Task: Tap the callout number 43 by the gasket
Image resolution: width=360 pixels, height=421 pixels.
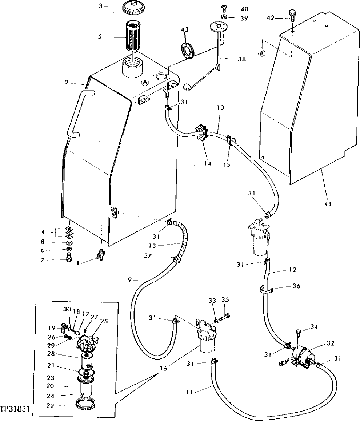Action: (x=185, y=29)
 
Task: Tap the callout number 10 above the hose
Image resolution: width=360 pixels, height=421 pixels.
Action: (x=221, y=108)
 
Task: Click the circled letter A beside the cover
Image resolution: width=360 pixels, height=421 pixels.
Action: (x=262, y=53)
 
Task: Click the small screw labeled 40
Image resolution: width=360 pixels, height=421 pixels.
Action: (x=224, y=8)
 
